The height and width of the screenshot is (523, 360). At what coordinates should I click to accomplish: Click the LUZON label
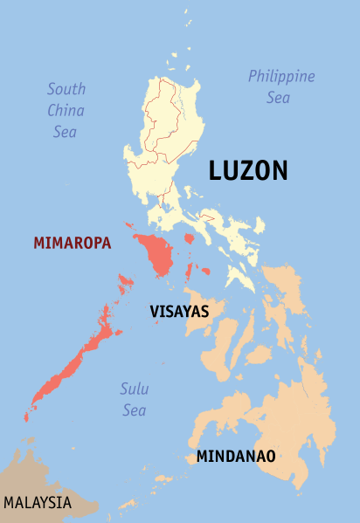[247, 171]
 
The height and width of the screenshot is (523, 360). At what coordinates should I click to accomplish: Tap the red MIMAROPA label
[73, 244]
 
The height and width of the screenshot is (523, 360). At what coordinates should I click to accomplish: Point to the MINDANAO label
[236, 457]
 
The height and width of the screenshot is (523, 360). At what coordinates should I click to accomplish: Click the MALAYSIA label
[38, 503]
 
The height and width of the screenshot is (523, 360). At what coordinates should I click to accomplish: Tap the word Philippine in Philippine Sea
[280, 77]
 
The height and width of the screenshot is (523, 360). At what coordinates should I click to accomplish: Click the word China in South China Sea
[66, 110]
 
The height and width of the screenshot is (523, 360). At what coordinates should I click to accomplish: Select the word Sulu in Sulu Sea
[134, 389]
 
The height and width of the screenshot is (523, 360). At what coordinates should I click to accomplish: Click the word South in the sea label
[66, 88]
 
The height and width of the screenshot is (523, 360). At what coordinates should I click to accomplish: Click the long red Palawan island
[70, 367]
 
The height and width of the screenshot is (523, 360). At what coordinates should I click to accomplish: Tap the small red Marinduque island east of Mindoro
[188, 238]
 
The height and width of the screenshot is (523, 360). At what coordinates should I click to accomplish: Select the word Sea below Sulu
[134, 410]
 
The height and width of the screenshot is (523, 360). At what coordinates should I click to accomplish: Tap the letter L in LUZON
[215, 171]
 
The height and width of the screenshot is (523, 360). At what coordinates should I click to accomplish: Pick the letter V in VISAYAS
[155, 311]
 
